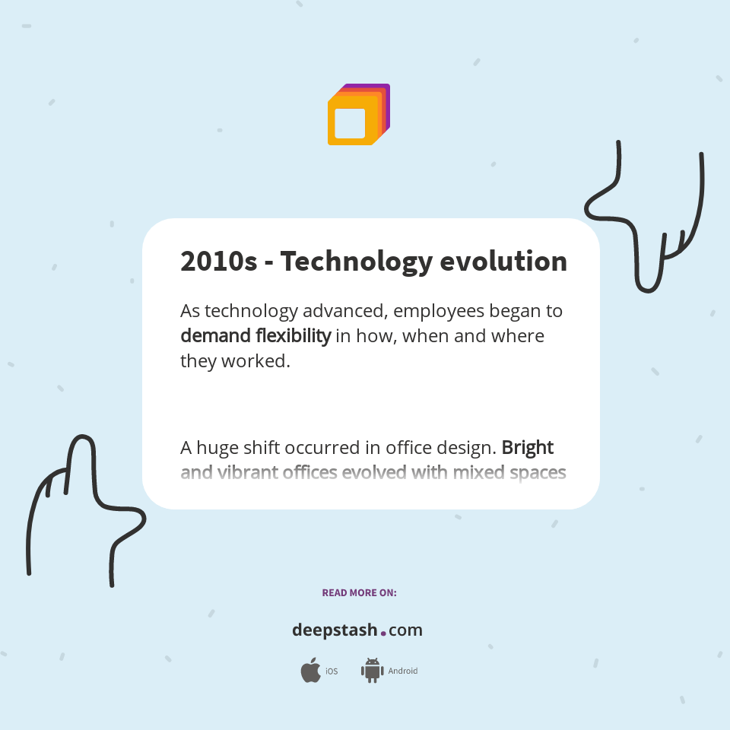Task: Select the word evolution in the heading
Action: [x=503, y=262]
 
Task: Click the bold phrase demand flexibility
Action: [x=255, y=335]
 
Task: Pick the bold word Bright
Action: [x=528, y=447]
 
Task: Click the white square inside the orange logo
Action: [x=350, y=123]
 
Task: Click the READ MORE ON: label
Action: [x=359, y=592]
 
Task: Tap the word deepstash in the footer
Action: [x=335, y=630]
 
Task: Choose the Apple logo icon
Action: [x=310, y=671]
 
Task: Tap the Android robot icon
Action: [x=372, y=671]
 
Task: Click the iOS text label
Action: [x=332, y=671]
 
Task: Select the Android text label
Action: [x=403, y=671]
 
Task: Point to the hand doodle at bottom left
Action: [x=76, y=509]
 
